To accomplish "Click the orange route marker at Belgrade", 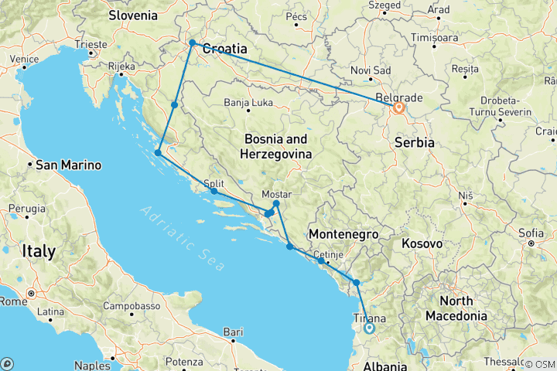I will (398, 107).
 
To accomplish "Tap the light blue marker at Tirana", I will (369, 328).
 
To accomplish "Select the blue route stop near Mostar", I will (277, 203).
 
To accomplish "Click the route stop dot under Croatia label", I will (192, 43).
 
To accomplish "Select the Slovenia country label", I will (132, 15).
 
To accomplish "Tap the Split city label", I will (214, 183).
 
